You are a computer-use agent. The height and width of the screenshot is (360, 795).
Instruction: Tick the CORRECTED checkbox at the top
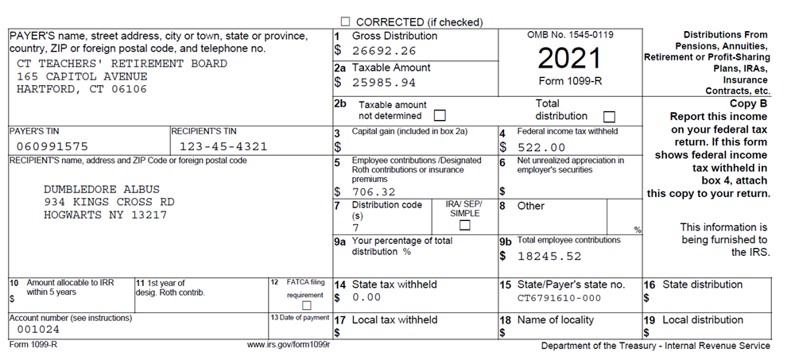(346, 22)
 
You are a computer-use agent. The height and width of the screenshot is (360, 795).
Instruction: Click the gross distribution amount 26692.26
(385, 50)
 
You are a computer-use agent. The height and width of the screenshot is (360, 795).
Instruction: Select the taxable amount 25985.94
(385, 82)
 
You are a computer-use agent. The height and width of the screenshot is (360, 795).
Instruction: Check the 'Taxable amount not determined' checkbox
(439, 116)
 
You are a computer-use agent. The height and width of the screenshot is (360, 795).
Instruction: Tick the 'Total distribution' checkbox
(610, 116)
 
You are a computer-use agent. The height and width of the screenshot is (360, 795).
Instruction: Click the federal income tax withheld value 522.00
(541, 147)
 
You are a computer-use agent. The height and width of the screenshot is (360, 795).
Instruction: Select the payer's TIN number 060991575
(52, 146)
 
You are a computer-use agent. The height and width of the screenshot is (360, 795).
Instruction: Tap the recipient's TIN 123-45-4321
(223, 146)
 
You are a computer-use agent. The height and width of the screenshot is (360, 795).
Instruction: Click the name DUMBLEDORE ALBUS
(102, 189)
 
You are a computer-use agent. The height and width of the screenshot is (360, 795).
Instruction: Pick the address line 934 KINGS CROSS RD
(109, 202)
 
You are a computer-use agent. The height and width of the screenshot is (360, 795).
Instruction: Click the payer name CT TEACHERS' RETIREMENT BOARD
(122, 64)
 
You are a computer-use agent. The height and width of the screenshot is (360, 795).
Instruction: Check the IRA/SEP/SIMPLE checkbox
(465, 225)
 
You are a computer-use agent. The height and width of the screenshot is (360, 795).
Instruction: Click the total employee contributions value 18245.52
(549, 256)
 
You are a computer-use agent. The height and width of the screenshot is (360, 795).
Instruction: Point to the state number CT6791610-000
(559, 298)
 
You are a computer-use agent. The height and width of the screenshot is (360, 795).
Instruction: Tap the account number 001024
(39, 330)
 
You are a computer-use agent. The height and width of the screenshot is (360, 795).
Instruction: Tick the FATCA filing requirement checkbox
(306, 305)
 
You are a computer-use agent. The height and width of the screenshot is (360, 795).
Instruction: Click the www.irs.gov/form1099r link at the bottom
(289, 346)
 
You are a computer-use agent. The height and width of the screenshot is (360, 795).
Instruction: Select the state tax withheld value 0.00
(366, 298)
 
